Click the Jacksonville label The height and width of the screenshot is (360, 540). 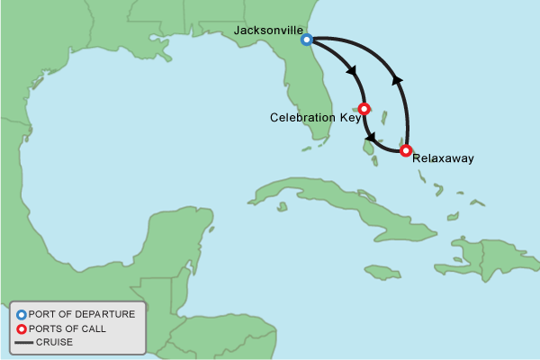tap(268, 30)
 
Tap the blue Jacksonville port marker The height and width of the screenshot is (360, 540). tap(307, 40)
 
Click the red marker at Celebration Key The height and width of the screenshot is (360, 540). tap(364, 109)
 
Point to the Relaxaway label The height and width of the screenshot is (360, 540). tap(442, 158)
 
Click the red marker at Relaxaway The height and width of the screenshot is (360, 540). tap(406, 150)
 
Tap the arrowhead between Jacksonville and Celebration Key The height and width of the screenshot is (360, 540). tap(350, 70)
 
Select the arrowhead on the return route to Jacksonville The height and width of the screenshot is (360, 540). tap(398, 81)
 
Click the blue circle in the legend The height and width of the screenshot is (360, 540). tap(21, 314)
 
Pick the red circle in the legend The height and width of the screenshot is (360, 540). tap(21, 328)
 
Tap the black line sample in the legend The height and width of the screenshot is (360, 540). tap(22, 342)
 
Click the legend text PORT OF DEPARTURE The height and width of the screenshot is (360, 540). tap(82, 314)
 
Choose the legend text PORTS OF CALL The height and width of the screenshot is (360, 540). tap(67, 328)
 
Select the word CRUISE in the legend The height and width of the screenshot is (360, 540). tap(54, 342)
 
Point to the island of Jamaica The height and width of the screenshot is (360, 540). tap(382, 272)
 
